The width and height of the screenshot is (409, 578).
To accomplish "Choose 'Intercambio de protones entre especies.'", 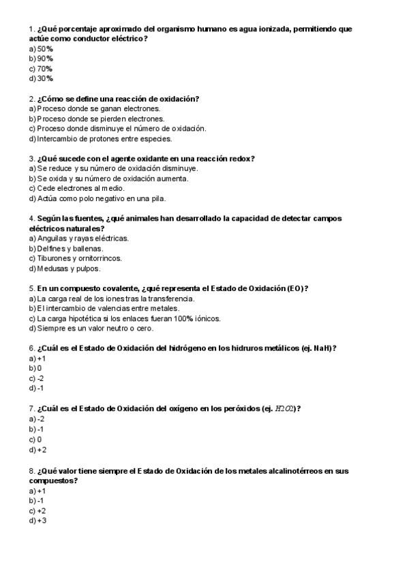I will pyautogui.click(x=100, y=139).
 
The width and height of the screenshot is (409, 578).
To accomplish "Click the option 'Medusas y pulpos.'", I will pyautogui.click(x=65, y=269).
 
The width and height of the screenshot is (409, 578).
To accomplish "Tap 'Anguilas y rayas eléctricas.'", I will pyautogui.click(x=79, y=239).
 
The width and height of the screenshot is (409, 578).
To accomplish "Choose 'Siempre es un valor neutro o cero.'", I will pyautogui.click(x=91, y=329).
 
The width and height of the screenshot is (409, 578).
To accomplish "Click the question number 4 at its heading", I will pyautogui.click(x=31, y=219).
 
